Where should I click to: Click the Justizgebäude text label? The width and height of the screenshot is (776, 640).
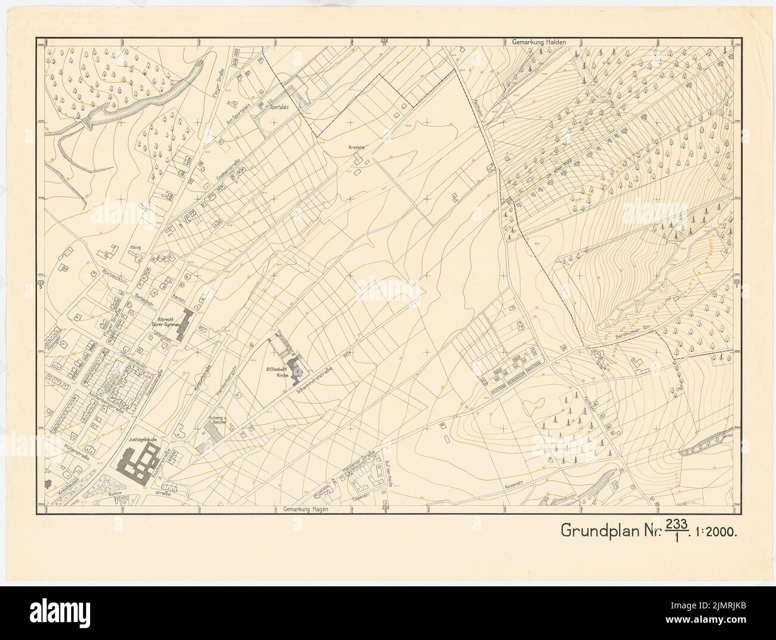click(x=141, y=439)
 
